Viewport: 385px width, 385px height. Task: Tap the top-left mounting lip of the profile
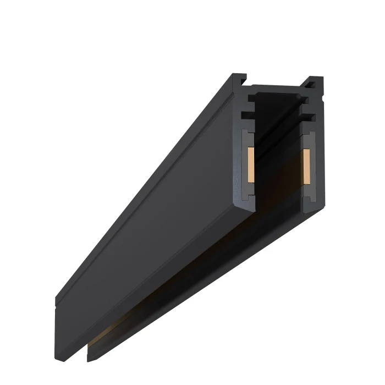239,80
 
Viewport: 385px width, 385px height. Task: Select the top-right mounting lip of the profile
315,82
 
